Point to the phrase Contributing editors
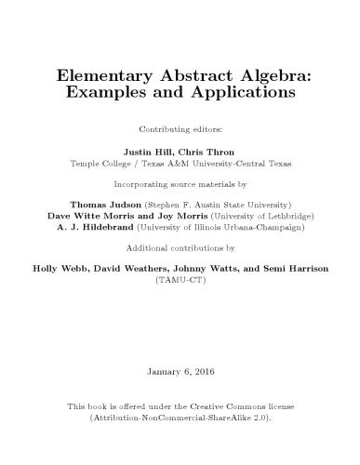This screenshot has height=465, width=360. [x=180, y=127]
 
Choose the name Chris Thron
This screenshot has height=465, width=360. [x=208, y=150]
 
